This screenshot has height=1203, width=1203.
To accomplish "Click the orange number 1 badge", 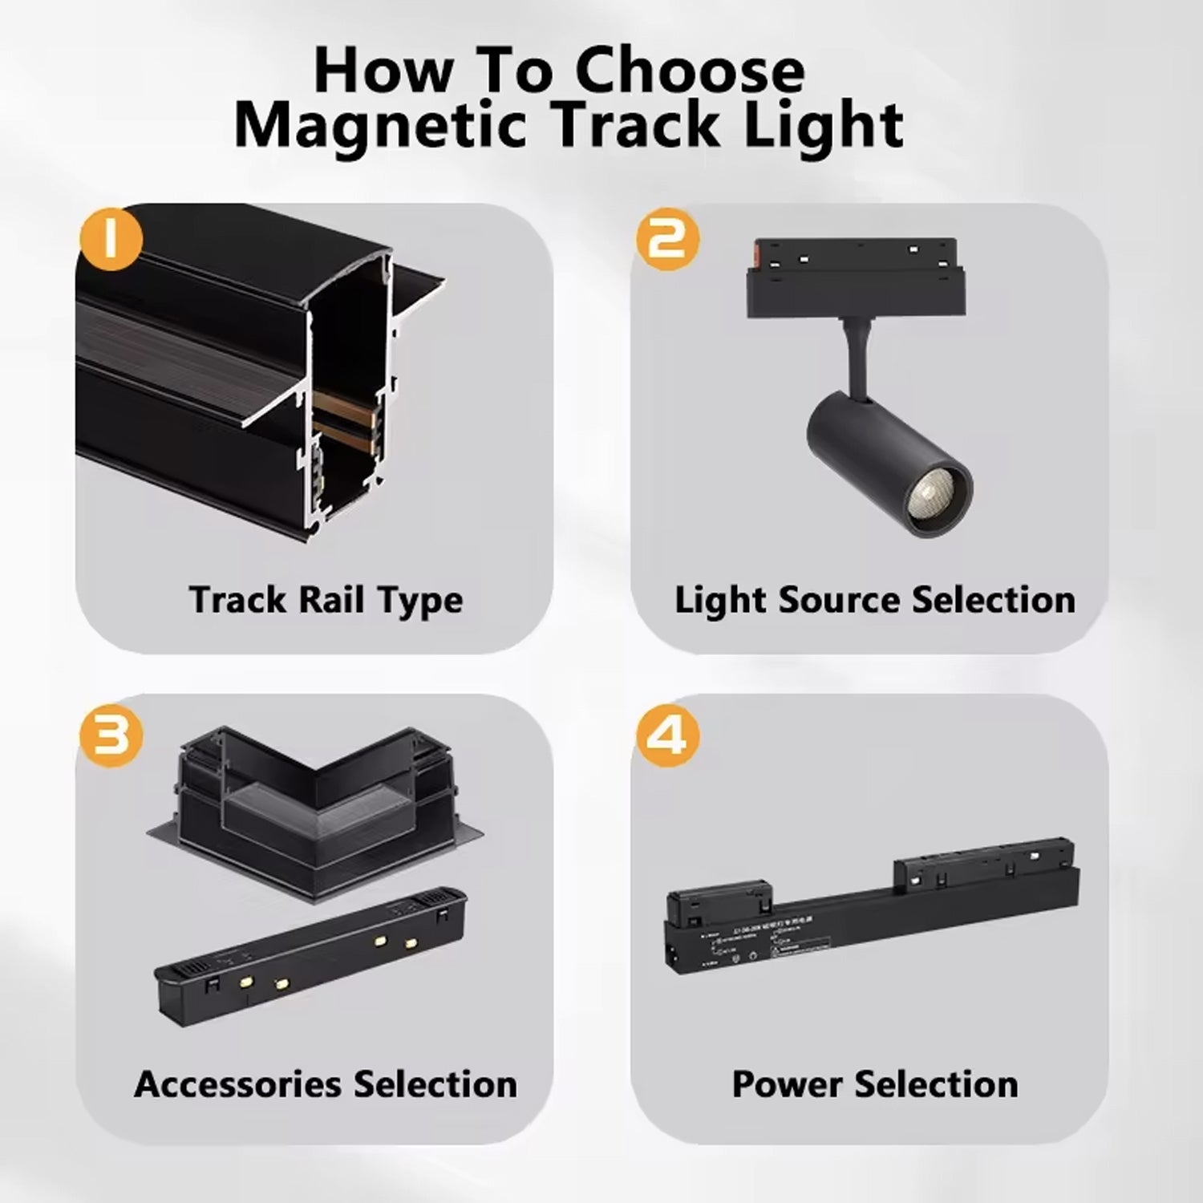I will tap(111, 239).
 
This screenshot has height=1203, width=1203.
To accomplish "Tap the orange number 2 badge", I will tap(667, 239).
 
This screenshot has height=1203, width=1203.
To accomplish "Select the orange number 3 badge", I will tap(111, 735).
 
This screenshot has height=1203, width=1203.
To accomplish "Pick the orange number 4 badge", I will tap(667, 735).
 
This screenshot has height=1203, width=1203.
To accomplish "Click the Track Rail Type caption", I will tap(326, 600).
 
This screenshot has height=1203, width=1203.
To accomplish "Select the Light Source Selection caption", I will tap(874, 600).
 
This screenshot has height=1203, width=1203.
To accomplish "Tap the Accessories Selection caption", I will tap(326, 1084).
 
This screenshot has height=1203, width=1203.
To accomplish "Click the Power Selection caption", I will tap(874, 1084).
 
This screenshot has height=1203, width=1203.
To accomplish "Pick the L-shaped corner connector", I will tap(317, 802).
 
